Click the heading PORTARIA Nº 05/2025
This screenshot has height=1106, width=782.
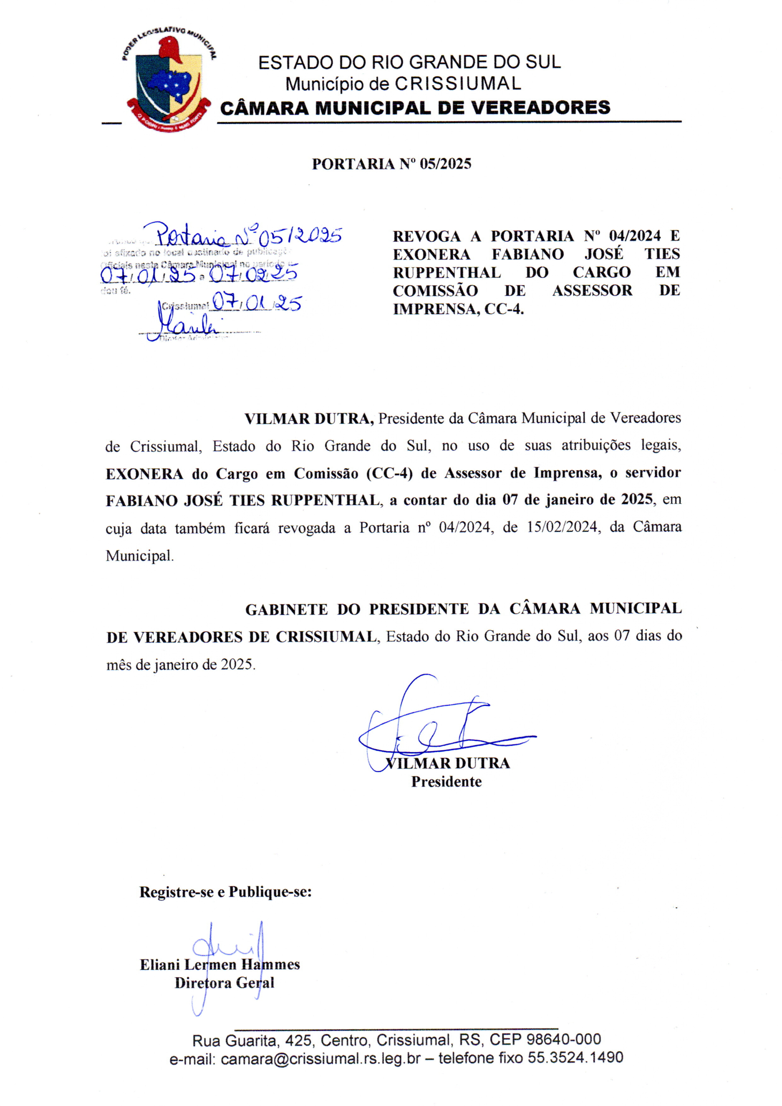pyautogui.click(x=391, y=164)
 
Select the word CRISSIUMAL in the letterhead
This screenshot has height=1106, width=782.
pyautogui.click(x=458, y=84)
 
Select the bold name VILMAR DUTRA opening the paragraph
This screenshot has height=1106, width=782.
pyautogui.click(x=309, y=419)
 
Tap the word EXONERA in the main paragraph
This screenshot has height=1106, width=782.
pyautogui.click(x=145, y=474)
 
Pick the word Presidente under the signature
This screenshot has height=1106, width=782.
pyautogui.click(x=446, y=781)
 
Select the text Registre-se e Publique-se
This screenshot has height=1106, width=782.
pyautogui.click(x=226, y=892)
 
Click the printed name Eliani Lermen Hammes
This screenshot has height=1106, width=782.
pyautogui.click(x=219, y=965)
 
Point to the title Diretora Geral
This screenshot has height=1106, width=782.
pyautogui.click(x=225, y=983)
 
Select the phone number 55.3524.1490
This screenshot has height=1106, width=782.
pyautogui.click(x=575, y=1058)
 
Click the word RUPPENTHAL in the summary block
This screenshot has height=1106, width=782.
pyautogui.click(x=446, y=272)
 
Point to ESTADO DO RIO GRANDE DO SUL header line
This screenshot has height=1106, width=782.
pyautogui.click(x=409, y=62)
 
